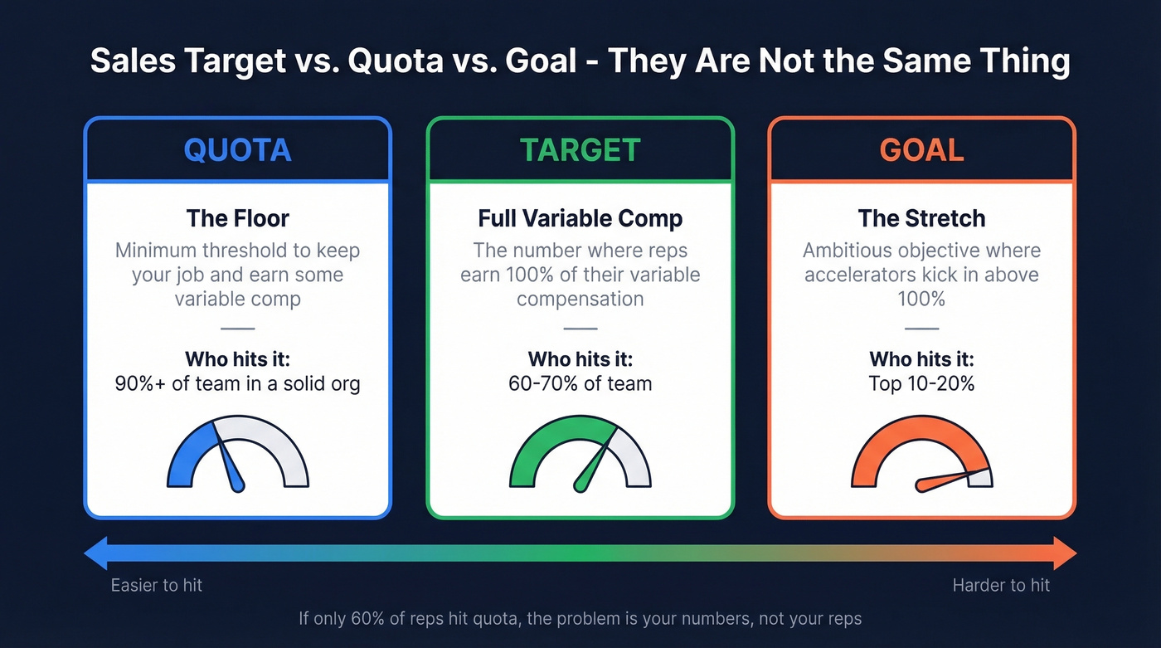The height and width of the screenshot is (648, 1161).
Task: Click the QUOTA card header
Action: [237, 150]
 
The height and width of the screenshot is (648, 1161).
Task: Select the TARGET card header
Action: [580, 150]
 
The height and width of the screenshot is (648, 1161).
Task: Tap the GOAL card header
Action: [921, 150]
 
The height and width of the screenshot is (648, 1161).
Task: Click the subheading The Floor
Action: [237, 218]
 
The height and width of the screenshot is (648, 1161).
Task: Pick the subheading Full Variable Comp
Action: [580, 218]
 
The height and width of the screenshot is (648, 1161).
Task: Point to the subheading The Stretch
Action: [921, 218]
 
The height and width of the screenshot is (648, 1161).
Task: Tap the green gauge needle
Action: [595, 462]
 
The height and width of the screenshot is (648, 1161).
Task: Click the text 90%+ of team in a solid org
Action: [237, 384]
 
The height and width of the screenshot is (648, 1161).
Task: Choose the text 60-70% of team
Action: [580, 384]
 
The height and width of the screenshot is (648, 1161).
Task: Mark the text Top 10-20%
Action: [921, 384]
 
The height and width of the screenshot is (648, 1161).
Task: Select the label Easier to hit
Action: [157, 585]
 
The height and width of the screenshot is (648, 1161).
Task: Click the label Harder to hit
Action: [1001, 585]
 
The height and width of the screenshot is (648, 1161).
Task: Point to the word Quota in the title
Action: [397, 62]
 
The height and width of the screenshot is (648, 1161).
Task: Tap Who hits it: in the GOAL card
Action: [921, 359]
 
